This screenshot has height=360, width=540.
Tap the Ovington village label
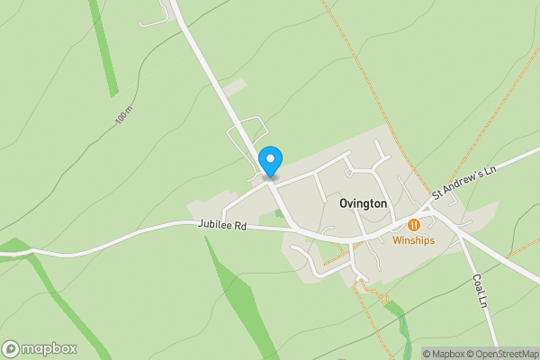click(364, 204)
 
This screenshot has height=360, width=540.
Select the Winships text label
click(414, 240)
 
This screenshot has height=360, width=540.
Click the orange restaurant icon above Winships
click(414, 224)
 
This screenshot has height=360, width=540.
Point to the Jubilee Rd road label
click(222, 227)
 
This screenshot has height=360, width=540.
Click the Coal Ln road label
click(481, 286)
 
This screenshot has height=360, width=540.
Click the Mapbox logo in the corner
click(40, 348)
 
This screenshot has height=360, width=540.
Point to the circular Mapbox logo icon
click(11, 348)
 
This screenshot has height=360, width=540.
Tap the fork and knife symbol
click(414, 224)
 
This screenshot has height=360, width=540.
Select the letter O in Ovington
click(345, 204)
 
